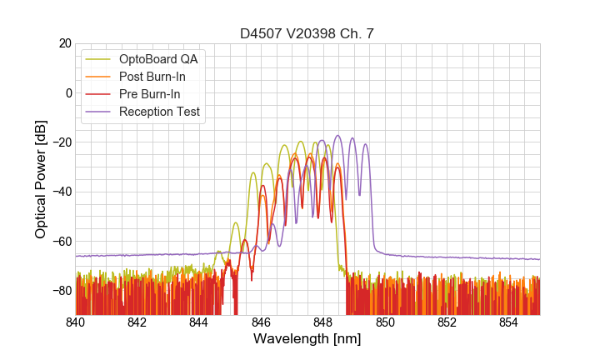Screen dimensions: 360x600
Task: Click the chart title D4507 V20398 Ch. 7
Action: click(x=307, y=34)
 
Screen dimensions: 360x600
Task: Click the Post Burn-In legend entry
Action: click(x=152, y=77)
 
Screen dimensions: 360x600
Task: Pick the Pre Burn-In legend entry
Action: click(x=150, y=94)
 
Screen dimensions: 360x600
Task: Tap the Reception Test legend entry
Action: click(x=160, y=112)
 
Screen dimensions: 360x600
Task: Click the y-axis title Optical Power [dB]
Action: click(x=41, y=179)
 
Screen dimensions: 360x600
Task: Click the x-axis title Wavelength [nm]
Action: click(x=307, y=339)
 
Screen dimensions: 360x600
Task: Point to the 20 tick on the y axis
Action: click(x=61, y=43)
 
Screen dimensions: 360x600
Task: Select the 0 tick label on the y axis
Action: click(x=64, y=92)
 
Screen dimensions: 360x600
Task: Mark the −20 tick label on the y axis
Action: click(x=57, y=142)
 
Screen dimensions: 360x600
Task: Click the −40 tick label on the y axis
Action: click(x=57, y=192)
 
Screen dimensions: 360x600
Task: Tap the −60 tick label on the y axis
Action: click(x=57, y=242)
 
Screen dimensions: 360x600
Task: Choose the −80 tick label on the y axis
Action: click(x=57, y=291)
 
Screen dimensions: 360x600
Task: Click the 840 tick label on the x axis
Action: click(x=76, y=322)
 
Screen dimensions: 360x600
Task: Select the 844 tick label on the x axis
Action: click(x=199, y=322)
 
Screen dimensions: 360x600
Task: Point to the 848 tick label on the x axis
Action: click(x=323, y=322)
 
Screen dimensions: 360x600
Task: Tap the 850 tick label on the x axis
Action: click(x=385, y=322)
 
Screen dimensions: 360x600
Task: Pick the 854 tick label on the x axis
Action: click(x=508, y=322)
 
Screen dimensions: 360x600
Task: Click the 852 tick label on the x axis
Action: click(x=447, y=322)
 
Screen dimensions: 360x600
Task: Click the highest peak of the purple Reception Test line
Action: click(x=338, y=136)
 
